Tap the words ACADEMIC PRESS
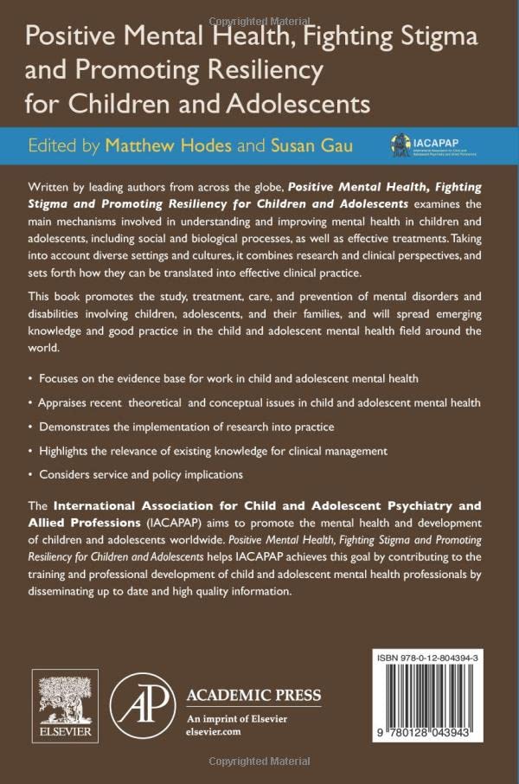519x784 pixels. pyautogui.click(x=253, y=696)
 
